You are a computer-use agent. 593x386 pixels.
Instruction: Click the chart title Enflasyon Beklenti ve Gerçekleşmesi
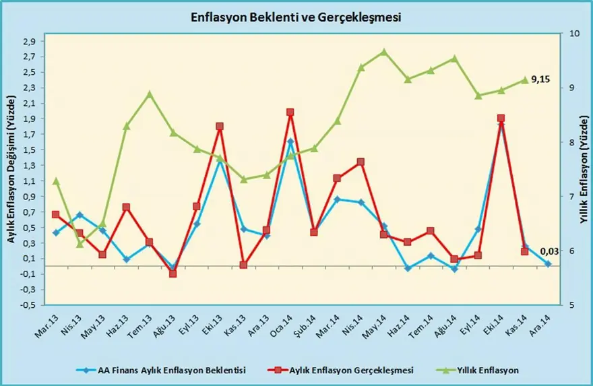(x=296, y=17)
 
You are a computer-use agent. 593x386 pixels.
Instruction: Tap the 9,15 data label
(x=540, y=79)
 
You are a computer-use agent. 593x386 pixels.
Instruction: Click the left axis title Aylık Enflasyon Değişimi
(x=11, y=179)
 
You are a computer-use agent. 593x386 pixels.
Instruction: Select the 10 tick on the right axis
(x=573, y=33)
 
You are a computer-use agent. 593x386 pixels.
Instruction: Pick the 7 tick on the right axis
(x=573, y=196)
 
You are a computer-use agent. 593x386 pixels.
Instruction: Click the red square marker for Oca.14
(x=290, y=112)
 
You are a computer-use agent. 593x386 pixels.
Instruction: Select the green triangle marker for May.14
(x=384, y=52)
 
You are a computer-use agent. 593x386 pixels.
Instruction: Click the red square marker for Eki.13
(x=220, y=126)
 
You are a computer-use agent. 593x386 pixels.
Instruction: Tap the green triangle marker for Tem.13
(x=150, y=94)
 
